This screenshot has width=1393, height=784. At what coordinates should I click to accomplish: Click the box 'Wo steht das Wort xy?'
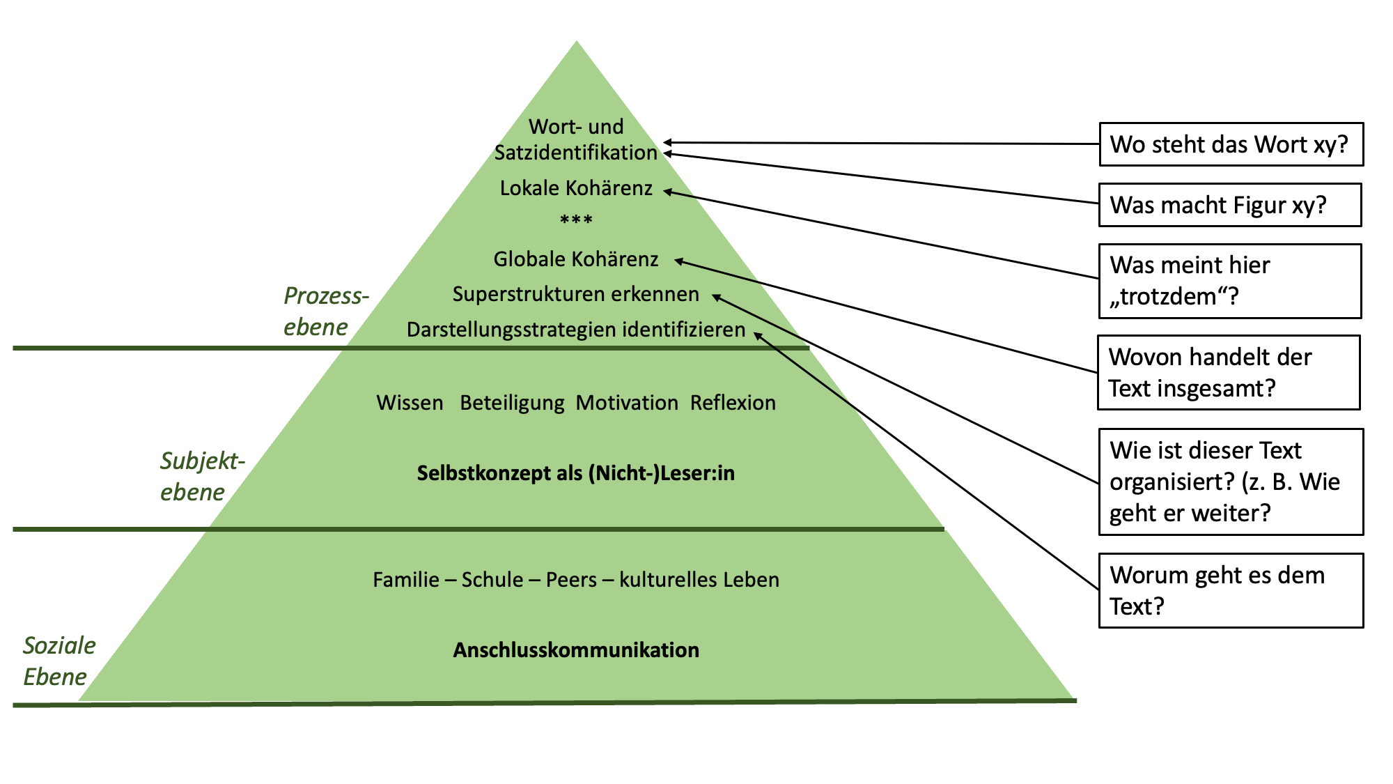click(x=1231, y=144)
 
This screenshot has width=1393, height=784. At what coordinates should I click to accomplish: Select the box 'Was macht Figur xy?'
click(x=1229, y=205)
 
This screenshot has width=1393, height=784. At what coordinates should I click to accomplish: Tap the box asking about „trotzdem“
click(x=1229, y=281)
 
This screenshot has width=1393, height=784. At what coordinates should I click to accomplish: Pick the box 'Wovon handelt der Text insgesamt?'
click(x=1229, y=372)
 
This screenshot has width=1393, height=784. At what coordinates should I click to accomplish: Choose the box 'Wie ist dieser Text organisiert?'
click(x=1231, y=482)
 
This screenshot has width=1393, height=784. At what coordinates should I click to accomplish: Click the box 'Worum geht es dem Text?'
click(x=1231, y=590)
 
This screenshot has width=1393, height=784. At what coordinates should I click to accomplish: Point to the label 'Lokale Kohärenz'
click(x=576, y=188)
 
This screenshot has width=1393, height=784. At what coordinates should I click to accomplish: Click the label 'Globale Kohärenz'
click(x=576, y=259)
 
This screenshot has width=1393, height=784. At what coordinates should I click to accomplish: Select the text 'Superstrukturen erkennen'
click(x=576, y=294)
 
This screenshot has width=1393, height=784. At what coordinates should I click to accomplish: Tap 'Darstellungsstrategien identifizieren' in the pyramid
click(x=576, y=330)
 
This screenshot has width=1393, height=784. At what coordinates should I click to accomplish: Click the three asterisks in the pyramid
click(x=576, y=221)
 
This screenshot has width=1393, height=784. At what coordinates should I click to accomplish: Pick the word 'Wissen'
click(x=410, y=403)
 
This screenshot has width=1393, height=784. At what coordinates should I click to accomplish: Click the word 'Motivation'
click(x=627, y=403)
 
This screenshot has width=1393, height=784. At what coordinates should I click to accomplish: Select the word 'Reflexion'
click(x=733, y=403)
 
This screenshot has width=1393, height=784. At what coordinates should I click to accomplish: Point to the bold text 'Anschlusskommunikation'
click(x=576, y=650)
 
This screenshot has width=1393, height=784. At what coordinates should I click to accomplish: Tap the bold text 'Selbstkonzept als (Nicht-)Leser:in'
click(x=576, y=473)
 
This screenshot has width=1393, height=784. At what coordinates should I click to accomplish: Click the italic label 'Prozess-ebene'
click(x=325, y=311)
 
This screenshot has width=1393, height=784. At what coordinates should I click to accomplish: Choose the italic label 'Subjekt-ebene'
click(x=201, y=476)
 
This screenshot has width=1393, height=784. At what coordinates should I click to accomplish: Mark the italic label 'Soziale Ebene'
click(x=59, y=661)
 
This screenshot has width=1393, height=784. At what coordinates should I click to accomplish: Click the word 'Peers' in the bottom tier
click(x=571, y=580)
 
